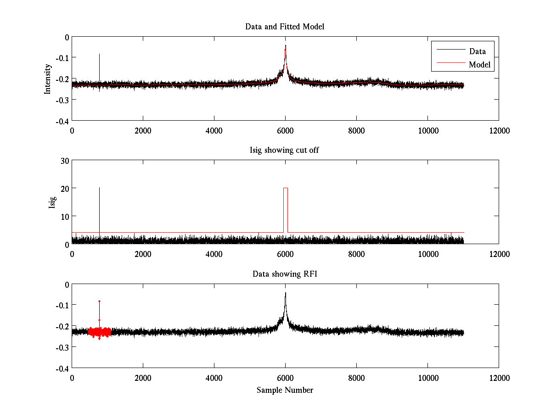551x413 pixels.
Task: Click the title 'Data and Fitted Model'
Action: coord(285,27)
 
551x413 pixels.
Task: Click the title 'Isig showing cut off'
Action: coord(285,151)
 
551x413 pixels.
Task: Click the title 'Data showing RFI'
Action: coord(285,274)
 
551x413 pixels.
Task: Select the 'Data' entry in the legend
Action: coord(477,51)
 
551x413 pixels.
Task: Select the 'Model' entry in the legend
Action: coord(479,65)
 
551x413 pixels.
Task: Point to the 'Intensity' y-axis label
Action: coord(47,79)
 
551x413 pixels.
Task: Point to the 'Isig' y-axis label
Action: coord(52,202)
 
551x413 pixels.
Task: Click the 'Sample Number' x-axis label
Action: coord(285,390)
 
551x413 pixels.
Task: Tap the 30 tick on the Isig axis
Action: coord(64,161)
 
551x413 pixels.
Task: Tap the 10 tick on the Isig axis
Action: coord(64,216)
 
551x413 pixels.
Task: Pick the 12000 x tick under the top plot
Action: coord(499,130)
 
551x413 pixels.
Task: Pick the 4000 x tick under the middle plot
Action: coord(214,254)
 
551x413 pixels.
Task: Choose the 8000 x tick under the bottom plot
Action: coord(356,377)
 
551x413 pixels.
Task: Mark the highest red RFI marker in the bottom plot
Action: coord(99,301)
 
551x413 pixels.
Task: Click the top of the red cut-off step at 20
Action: coord(286,188)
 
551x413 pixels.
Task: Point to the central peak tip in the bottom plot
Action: coord(285,293)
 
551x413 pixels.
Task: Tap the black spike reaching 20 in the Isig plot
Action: coord(99,188)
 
